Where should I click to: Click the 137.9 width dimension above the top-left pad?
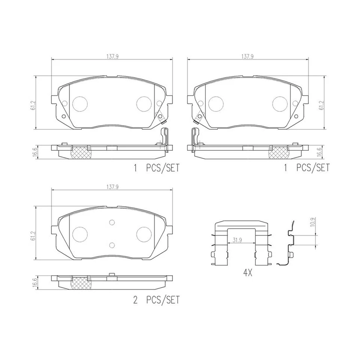(112, 57)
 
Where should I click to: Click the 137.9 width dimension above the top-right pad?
(247, 57)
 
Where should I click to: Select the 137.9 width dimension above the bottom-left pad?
(112, 187)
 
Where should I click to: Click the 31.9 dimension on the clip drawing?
(237, 240)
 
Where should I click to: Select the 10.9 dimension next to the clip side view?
(312, 222)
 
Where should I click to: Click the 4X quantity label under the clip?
(247, 273)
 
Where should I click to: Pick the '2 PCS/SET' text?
(156, 300)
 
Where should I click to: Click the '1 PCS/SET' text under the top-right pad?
(306, 168)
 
